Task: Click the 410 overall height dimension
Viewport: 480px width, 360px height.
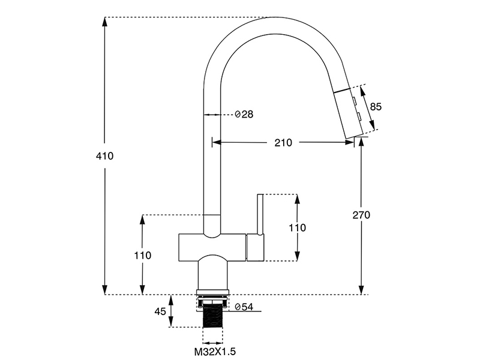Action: point(104,155)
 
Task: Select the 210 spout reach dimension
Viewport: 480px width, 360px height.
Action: point(283,143)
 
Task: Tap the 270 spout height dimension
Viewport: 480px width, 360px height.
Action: point(361,215)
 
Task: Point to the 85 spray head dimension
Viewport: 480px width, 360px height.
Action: point(376,107)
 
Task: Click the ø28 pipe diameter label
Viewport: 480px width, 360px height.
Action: point(244,114)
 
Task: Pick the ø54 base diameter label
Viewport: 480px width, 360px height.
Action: point(244,307)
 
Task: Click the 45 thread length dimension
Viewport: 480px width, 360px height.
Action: point(160,311)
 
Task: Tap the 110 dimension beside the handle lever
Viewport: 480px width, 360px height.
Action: point(298,227)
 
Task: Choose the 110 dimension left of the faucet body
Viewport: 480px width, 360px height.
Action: point(142,255)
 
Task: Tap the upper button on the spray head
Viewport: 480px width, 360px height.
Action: point(355,100)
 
